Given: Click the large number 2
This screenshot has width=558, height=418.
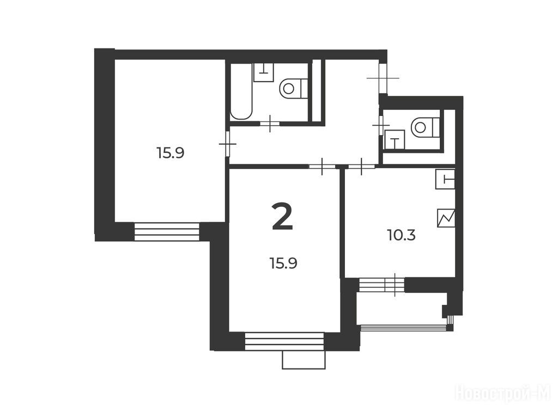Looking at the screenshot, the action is tap(282, 217).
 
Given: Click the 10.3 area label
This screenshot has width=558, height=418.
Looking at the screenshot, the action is tap(401, 235).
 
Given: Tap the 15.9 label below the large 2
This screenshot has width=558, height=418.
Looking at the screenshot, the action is tap(283, 263).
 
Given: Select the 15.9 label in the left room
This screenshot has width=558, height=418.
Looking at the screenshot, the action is tap(170, 153).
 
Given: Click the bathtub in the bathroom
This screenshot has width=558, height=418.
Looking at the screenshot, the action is tap(241, 91).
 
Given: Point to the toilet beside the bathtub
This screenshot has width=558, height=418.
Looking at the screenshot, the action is tap(294, 88).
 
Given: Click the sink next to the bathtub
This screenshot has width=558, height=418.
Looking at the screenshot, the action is tap(264, 72).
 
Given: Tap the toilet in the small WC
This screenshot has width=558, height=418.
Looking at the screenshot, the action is tap(425, 127).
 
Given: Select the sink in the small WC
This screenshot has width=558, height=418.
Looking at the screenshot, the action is tap(395, 139).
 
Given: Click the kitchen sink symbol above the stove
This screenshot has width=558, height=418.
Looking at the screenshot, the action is tap(446, 179).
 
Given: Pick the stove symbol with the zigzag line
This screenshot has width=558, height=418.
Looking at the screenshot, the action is tap(446, 218).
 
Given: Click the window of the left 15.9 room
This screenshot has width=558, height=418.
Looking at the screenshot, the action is tap(167, 232).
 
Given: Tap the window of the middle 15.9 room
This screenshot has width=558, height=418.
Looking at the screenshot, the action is tap(284, 341).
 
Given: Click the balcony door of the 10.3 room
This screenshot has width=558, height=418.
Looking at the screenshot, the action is tap(381, 285).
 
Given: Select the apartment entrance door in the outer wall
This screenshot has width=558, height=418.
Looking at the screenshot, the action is tap(383, 77).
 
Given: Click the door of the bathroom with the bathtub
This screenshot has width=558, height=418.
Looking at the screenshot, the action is tap(270, 124).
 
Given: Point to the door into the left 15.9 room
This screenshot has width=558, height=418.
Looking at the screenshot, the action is tap(228, 144).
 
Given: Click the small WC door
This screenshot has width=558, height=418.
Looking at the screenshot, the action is tap(381, 125).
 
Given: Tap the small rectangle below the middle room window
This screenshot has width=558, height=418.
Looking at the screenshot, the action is tap(304, 360).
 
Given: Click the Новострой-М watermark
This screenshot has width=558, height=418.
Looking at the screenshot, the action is tap(503, 394).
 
